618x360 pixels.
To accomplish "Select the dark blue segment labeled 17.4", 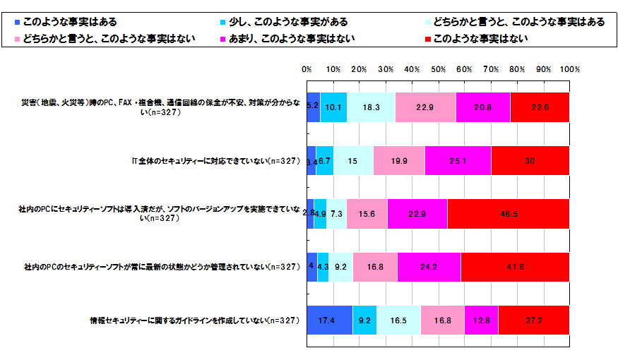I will tap(329, 320).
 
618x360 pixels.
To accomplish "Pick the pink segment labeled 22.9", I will tap(425, 107).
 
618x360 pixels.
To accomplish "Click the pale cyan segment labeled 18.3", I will tap(371, 107).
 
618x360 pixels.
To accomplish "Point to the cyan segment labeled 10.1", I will tap(333, 107).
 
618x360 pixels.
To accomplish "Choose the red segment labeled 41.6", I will tap(514, 267).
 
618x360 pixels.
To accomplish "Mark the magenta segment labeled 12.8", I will tap(481, 320).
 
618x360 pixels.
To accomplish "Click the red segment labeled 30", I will tap(530, 161).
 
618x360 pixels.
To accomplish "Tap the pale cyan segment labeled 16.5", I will tap(398, 320).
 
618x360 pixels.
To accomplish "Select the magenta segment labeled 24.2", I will tap(428, 267).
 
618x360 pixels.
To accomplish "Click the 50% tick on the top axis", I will tap(438, 70).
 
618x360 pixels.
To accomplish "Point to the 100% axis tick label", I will tap(569, 70).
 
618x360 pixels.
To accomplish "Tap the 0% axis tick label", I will tap(307, 70).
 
